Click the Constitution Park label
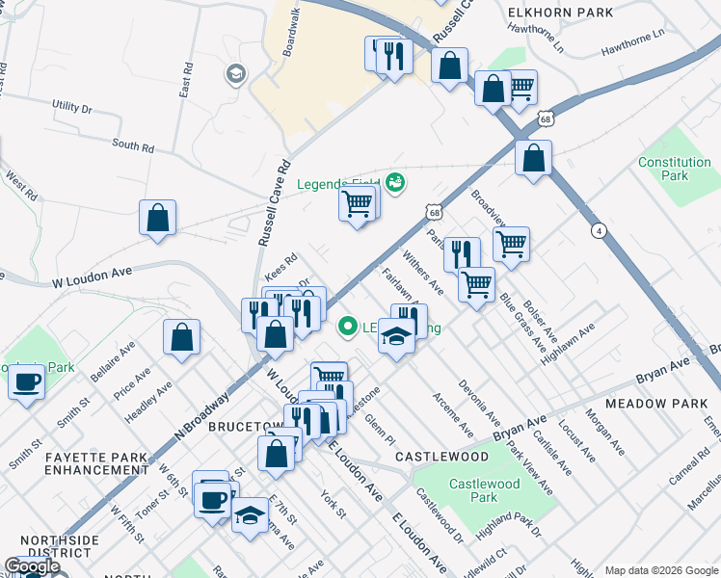tap(675, 170)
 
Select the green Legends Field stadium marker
tap(394, 181)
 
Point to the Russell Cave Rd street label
tap(272, 203)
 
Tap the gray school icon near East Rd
tap(234, 74)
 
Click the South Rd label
tap(132, 146)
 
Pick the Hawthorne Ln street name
tap(632, 44)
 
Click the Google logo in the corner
tap(32, 566)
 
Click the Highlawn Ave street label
tap(568, 341)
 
